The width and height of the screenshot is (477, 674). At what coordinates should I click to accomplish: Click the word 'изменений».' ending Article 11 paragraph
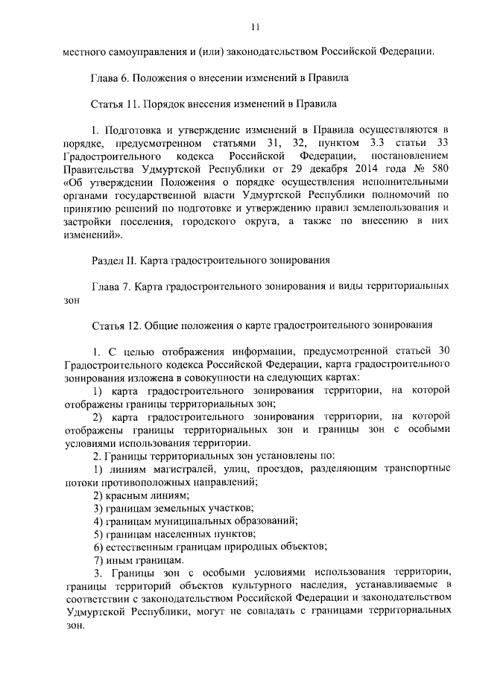click(93, 235)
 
